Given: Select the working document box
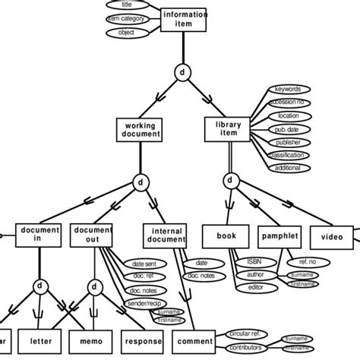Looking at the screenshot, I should pyautogui.click(x=140, y=130).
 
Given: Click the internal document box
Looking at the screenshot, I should pyautogui.click(x=165, y=235).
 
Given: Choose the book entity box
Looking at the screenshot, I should pyautogui.click(x=226, y=236).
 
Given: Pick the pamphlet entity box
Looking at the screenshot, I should pyautogui.click(x=279, y=236).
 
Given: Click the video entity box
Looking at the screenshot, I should pyautogui.click(x=333, y=236).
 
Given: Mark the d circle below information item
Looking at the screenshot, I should pyautogui.click(x=182, y=72).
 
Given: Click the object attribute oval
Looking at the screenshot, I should pyautogui.click(x=121, y=33).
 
